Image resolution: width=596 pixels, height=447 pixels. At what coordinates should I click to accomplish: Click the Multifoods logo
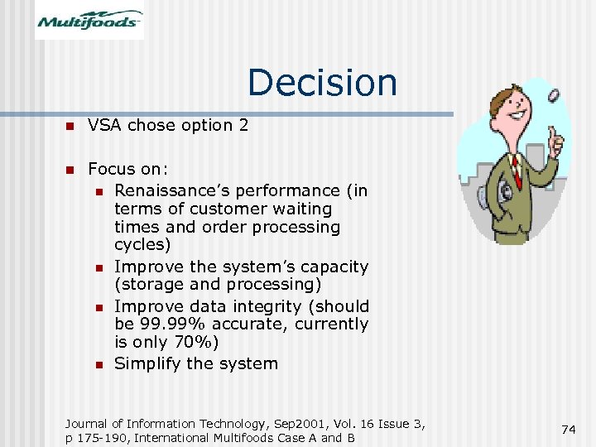(89, 21)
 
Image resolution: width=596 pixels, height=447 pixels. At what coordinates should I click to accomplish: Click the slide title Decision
(322, 82)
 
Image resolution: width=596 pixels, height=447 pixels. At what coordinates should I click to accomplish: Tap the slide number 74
(568, 429)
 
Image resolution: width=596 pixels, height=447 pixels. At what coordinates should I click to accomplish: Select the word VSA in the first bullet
(104, 125)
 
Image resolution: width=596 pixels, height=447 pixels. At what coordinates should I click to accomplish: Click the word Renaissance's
(171, 190)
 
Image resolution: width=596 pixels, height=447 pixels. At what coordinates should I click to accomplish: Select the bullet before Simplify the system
(97, 364)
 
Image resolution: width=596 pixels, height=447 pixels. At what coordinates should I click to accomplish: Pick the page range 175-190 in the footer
(105, 438)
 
